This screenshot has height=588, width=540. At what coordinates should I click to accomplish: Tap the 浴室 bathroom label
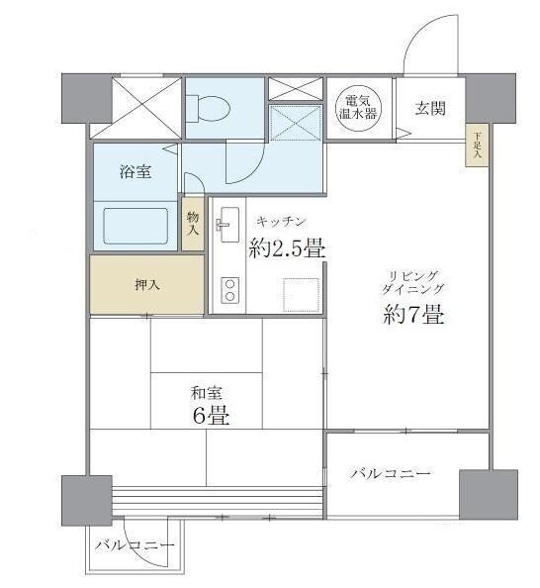(135, 171)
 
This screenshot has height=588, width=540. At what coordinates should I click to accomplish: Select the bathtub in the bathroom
(136, 226)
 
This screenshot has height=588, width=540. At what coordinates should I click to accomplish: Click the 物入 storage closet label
(193, 223)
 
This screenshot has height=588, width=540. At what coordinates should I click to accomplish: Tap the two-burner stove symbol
(228, 290)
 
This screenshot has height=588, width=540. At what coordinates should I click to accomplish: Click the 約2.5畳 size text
(287, 248)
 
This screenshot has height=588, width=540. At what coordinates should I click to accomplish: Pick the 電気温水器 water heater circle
(358, 106)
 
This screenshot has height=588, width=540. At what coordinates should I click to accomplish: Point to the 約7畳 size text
(412, 317)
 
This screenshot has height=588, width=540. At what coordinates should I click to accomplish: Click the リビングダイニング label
(412, 281)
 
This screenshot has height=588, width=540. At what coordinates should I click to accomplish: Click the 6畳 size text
(211, 416)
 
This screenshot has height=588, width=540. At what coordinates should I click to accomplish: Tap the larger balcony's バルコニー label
(390, 474)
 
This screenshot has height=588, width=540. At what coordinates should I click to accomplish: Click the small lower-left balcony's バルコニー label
(135, 545)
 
